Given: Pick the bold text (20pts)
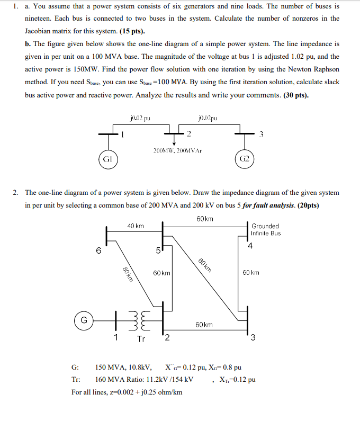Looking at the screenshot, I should (x=306, y=206).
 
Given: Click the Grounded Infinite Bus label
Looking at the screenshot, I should (x=266, y=229).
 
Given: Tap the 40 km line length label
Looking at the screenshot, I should (x=136, y=226).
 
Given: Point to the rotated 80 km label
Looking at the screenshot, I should (x=127, y=275).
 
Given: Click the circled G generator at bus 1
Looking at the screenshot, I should (x=84, y=320).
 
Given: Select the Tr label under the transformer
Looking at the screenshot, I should (x=141, y=339).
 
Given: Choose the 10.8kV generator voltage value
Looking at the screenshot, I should (x=140, y=367).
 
